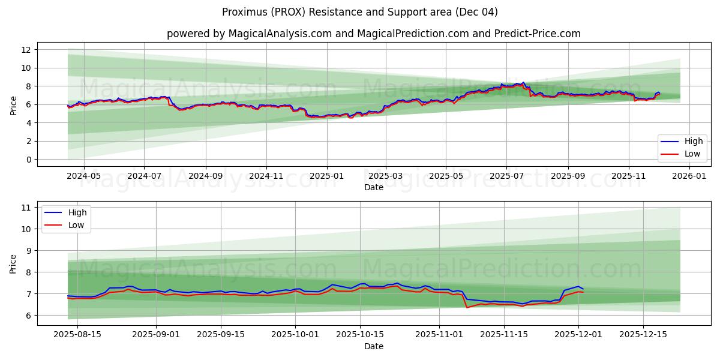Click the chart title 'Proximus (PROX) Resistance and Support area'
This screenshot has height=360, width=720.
pyautogui.click(x=359, y=12)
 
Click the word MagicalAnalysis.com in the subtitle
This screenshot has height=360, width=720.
pyautogui.click(x=280, y=34)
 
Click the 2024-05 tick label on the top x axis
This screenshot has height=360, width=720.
pyautogui.click(x=83, y=176)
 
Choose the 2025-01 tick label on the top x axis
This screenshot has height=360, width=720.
pyautogui.click(x=327, y=176)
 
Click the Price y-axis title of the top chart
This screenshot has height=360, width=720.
pyautogui.click(x=13, y=104)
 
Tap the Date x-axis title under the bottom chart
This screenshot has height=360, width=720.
pyautogui.click(x=373, y=346)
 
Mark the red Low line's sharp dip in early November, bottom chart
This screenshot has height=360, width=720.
pyautogui.click(x=467, y=307)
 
